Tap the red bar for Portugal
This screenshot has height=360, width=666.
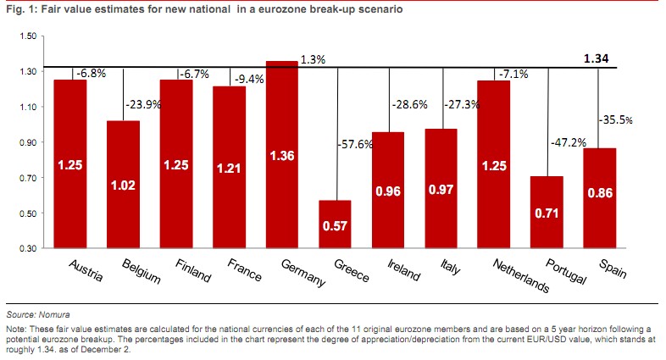tap(547, 212)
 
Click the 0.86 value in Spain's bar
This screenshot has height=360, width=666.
tap(600, 194)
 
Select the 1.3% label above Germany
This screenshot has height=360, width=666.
tap(312, 60)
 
